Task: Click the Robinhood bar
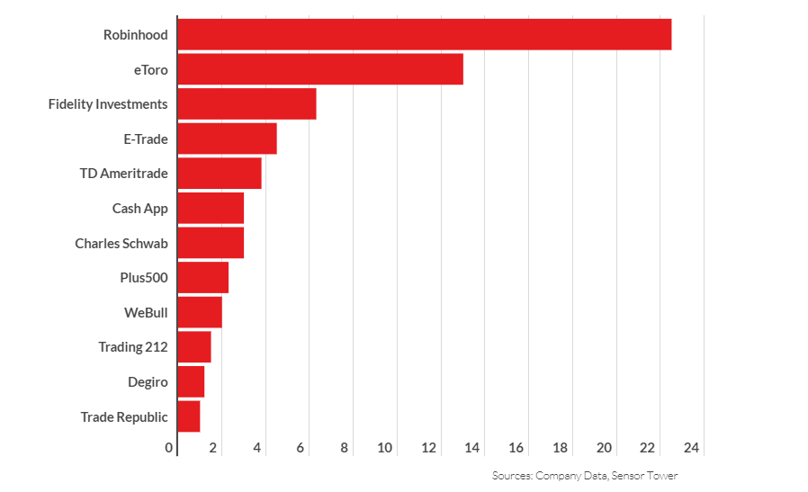(x=424, y=35)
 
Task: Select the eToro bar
(x=320, y=69)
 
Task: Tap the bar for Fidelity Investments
(x=247, y=104)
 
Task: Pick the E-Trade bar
(x=227, y=139)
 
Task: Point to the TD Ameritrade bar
(x=220, y=174)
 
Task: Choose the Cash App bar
(x=211, y=208)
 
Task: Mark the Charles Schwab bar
(x=211, y=243)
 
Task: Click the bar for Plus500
(x=202, y=277)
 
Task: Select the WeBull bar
(x=200, y=312)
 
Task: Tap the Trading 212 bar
(x=194, y=347)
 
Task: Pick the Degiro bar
(x=191, y=381)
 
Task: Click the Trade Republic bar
(x=189, y=416)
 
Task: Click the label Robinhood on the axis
(x=135, y=35)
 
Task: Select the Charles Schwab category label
(x=121, y=243)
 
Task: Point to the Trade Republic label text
(x=124, y=416)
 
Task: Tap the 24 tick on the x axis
(x=692, y=447)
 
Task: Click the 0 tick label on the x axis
(x=170, y=447)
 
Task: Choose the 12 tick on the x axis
(x=429, y=447)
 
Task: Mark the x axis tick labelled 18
(x=561, y=447)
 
